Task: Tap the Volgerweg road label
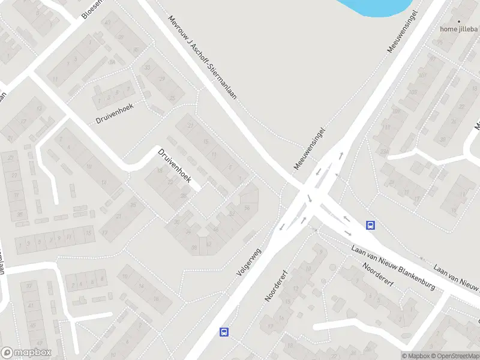[x=250, y=262]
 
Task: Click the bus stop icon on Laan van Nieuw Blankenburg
[x=371, y=226]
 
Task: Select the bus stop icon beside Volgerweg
[x=224, y=332]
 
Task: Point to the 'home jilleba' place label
[x=459, y=28]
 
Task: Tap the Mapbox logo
[x=26, y=353]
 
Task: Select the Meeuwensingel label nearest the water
[x=402, y=31]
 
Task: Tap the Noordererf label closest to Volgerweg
[x=277, y=285]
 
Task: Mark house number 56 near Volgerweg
[x=247, y=208]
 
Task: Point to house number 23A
[x=384, y=151]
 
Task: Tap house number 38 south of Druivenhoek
[x=194, y=247]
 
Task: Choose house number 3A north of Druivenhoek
[x=112, y=61]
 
